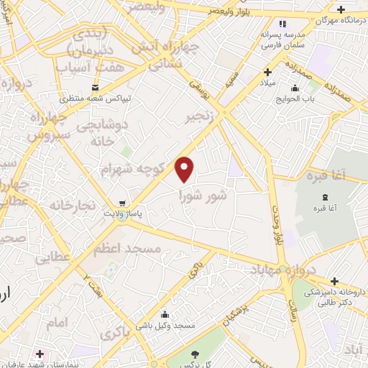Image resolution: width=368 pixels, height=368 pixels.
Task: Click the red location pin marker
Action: tap(185, 169)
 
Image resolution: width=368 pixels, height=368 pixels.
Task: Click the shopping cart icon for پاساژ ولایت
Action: tap(124, 203)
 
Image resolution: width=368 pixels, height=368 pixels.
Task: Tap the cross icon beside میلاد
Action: tap(267, 72)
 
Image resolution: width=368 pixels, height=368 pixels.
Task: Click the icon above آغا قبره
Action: tap(325, 198)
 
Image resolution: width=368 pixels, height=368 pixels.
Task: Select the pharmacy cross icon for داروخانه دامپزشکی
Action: tap(333, 281)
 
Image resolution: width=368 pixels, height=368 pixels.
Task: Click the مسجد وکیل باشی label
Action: tap(167, 326)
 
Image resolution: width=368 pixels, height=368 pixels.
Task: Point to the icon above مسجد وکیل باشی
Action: tap(166, 313)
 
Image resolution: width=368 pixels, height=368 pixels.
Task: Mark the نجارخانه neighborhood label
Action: tap(72, 206)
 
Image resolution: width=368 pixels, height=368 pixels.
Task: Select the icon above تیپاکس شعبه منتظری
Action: tap(94, 86)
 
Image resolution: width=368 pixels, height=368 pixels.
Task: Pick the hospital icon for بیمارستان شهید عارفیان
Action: tap(40, 354)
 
